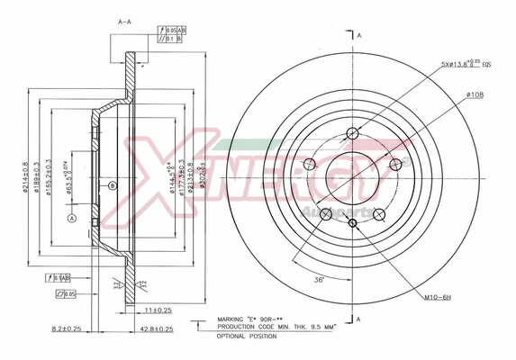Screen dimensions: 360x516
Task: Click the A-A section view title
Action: (x=123, y=20)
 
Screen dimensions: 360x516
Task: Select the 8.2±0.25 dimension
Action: (x=68, y=329)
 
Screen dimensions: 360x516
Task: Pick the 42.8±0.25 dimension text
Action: (x=158, y=329)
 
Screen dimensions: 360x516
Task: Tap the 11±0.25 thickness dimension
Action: (x=159, y=309)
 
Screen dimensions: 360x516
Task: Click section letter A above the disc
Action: (x=358, y=34)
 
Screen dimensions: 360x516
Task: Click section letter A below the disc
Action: (x=358, y=319)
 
